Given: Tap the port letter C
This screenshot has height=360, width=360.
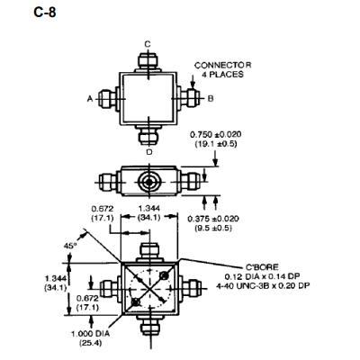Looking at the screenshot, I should [148, 42].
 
